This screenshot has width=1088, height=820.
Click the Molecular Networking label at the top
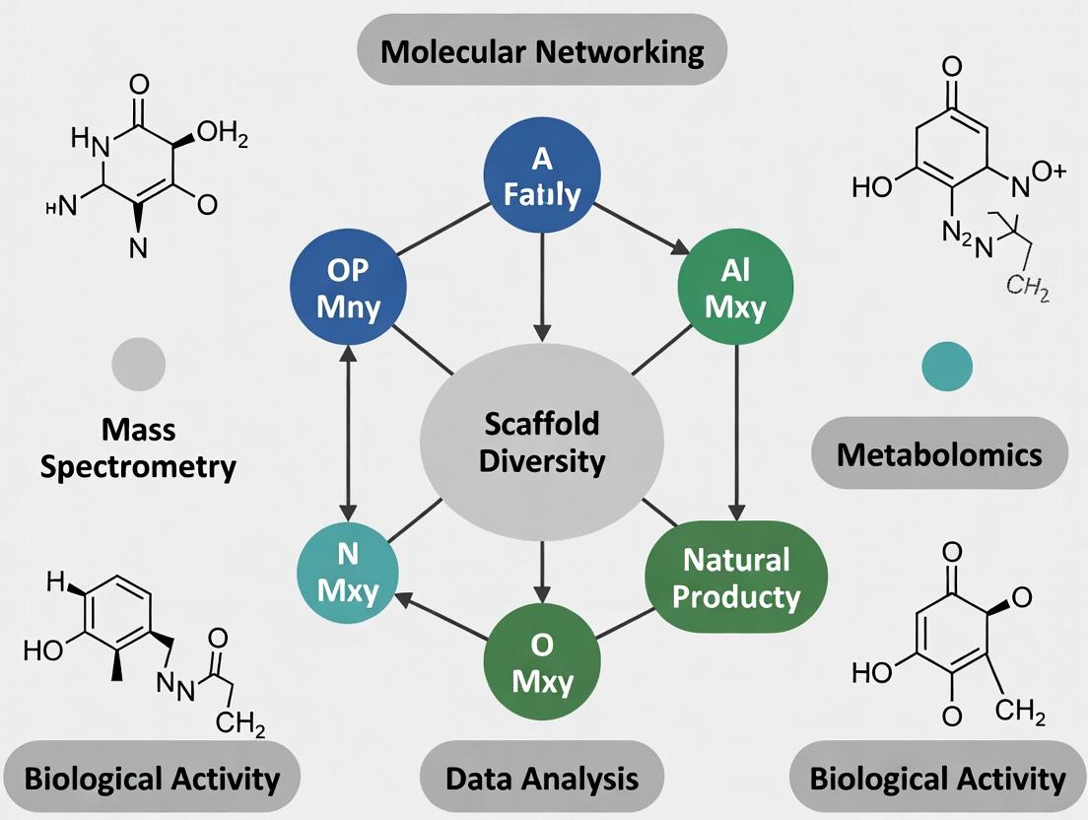[x=543, y=50]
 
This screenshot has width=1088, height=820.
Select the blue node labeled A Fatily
[x=541, y=177]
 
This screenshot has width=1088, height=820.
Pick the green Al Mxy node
[x=736, y=288]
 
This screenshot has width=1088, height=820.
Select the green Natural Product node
[x=735, y=577]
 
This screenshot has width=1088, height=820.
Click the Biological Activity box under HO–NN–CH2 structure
[x=151, y=779]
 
